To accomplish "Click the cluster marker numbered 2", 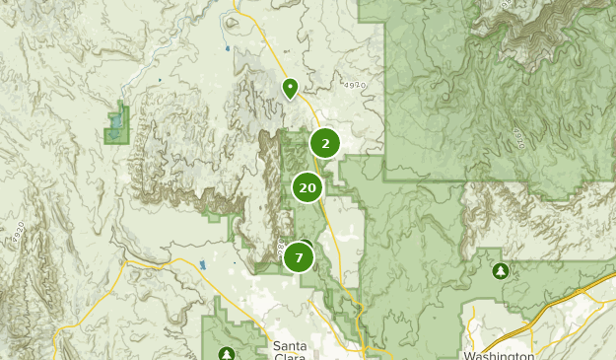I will [325, 144].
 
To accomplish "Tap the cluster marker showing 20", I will [308, 187].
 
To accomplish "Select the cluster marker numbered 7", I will [299, 258].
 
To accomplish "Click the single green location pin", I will [290, 88].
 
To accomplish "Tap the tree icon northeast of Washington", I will [500, 270].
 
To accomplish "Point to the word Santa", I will [289, 345].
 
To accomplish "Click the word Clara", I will [289, 356].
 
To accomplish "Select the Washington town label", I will [498, 356].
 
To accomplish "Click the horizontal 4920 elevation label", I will [355, 86].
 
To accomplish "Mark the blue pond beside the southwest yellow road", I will [202, 265].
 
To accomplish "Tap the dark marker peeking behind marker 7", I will [307, 246].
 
